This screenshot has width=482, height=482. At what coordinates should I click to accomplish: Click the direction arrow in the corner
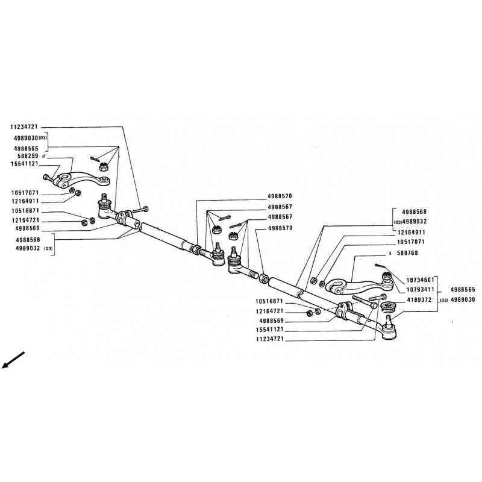pos(13,359)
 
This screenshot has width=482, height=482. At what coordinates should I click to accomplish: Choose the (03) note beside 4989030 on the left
pos(42,138)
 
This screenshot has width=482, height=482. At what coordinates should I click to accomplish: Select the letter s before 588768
pos(390,254)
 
